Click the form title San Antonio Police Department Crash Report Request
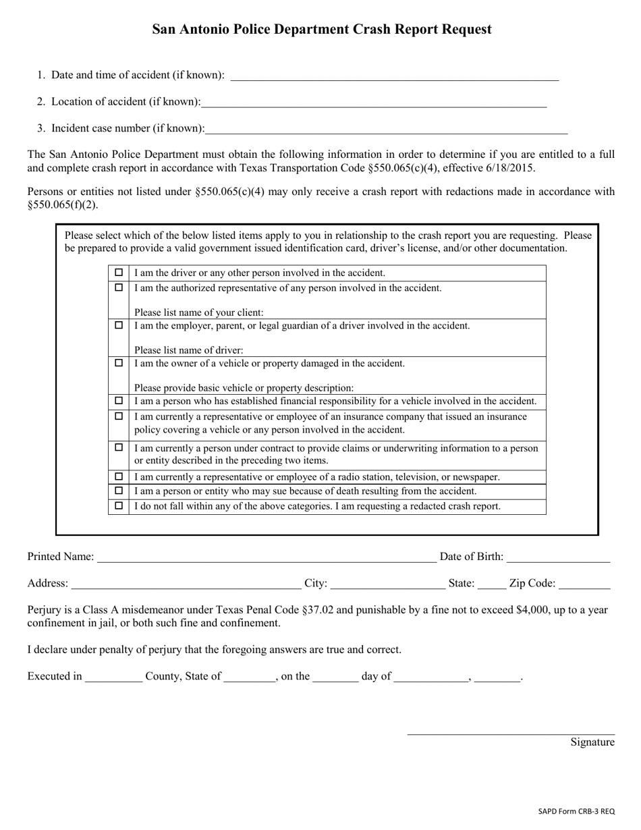[x=321, y=29]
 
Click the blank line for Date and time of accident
[x=394, y=76]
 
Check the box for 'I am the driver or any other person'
[x=119, y=273]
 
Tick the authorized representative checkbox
[x=119, y=287]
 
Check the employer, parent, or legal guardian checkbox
[x=119, y=325]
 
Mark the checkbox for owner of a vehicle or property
[x=119, y=363]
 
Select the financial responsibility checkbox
[x=119, y=401]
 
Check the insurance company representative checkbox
[x=119, y=417]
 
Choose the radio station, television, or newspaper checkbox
[x=119, y=476]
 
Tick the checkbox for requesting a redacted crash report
[x=119, y=505]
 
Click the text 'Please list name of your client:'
[x=199, y=312]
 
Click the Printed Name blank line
[x=267, y=557]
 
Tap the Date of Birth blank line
[x=558, y=557]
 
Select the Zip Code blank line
[x=584, y=584]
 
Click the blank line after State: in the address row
[x=491, y=584]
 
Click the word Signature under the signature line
[x=592, y=742]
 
